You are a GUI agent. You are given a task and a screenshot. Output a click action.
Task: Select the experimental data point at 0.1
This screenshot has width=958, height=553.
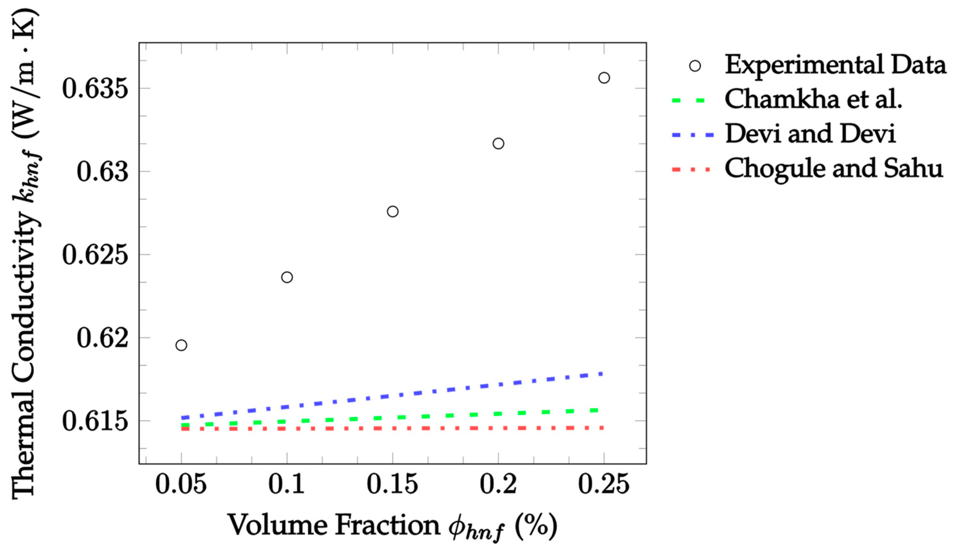(287, 277)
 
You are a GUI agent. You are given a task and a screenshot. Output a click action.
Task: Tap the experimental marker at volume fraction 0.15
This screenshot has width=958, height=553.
(393, 212)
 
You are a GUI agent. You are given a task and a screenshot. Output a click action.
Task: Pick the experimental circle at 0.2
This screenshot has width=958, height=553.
(498, 144)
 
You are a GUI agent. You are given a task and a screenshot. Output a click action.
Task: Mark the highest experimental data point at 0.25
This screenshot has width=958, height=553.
(604, 78)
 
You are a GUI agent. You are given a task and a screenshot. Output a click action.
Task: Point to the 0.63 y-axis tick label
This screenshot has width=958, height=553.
(102, 172)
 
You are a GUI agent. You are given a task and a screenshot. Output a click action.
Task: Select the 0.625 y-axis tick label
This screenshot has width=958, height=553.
(95, 255)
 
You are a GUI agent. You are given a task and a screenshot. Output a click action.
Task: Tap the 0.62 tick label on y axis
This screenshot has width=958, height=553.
(102, 338)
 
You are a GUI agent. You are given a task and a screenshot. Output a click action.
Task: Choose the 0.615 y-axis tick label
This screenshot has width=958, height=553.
(95, 421)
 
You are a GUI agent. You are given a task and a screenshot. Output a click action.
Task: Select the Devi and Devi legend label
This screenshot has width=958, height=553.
(811, 134)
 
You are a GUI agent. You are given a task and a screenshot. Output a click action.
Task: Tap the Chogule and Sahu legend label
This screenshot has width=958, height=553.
(833, 168)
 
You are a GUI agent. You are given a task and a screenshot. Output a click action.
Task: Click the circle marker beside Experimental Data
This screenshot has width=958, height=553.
(695, 66)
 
